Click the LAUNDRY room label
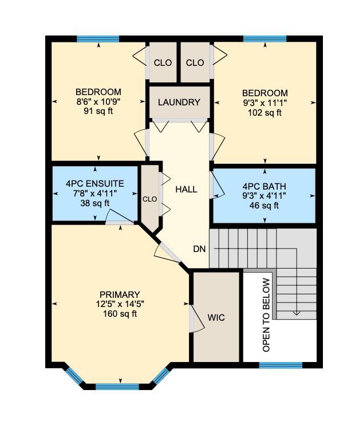(179, 103)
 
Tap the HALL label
(186, 189)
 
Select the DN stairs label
(199, 249)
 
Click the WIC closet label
(216, 317)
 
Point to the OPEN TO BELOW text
(266, 314)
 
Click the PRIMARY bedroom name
(120, 295)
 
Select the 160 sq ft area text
(120, 313)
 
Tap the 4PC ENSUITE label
(95, 184)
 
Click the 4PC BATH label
(264, 187)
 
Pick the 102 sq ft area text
(264, 112)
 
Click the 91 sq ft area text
(98, 111)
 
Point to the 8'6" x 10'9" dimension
(98, 101)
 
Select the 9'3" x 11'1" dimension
(264, 103)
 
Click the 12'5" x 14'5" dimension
(120, 304)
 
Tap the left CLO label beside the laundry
(163, 63)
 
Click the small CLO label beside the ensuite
(149, 199)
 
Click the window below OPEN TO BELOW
(281, 365)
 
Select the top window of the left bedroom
(98, 39)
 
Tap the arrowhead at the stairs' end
(297, 312)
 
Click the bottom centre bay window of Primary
(118, 387)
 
